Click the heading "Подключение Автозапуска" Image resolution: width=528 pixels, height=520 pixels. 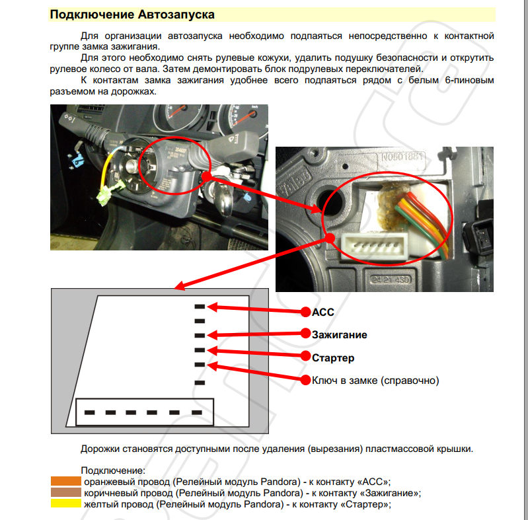pos(132,14)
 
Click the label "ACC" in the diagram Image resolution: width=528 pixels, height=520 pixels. pos(323,311)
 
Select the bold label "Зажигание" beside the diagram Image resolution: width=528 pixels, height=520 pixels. pos(339,334)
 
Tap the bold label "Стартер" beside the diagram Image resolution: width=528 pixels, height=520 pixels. pos(333,357)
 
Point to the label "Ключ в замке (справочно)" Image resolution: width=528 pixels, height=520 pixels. pos(375,381)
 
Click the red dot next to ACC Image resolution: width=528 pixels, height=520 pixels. pos(305,312)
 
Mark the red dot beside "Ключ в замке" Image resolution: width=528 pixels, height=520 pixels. pos(305,381)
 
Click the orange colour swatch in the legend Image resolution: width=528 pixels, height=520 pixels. pos(65,482)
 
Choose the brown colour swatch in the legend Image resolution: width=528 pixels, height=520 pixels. pos(65,493)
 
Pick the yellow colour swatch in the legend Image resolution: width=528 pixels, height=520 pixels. pos(65,503)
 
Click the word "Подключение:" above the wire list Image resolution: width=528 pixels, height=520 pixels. pos(108,470)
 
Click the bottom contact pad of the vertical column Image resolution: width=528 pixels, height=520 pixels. pos(199,382)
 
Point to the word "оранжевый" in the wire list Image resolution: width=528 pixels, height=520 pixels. pos(106,482)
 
